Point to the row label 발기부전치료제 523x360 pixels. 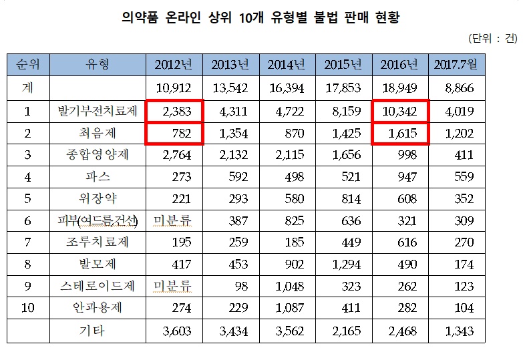pyautogui.click(x=97, y=112)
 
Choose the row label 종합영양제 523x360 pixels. pyautogui.click(x=97, y=156)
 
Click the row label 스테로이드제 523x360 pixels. pyautogui.click(x=97, y=287)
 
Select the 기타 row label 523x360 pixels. pyautogui.click(x=97, y=331)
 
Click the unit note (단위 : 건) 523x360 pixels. pyautogui.click(x=493, y=38)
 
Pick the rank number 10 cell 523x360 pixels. pyautogui.click(x=27, y=309)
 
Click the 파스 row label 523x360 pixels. pyautogui.click(x=97, y=178)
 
